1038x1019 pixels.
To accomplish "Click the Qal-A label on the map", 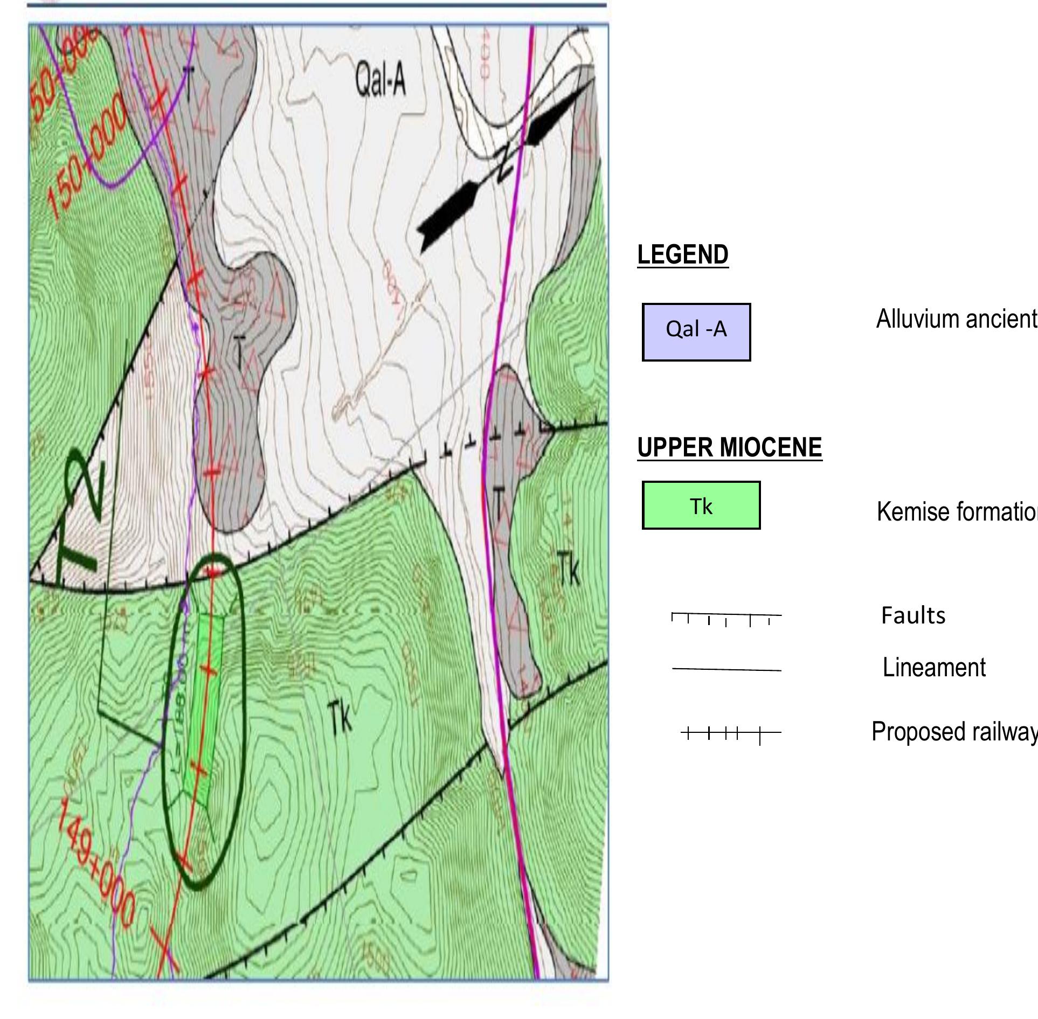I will point(380,80).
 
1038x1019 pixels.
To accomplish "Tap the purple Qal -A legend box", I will point(696,331).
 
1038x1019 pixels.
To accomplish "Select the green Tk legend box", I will point(701,505).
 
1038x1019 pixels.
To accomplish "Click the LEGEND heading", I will point(682,255).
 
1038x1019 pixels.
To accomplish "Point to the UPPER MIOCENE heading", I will point(729,448).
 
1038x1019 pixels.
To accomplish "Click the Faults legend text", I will point(913,615).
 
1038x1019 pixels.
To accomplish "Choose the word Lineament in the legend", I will point(933,668).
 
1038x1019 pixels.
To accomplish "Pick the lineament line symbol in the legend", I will point(726,669).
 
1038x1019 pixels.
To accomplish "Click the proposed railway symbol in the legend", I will point(730,733).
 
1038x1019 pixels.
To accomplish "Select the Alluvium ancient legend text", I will point(956,319).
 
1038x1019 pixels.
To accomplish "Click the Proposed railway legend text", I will point(954,732).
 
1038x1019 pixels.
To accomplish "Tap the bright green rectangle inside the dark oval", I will point(204,711).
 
